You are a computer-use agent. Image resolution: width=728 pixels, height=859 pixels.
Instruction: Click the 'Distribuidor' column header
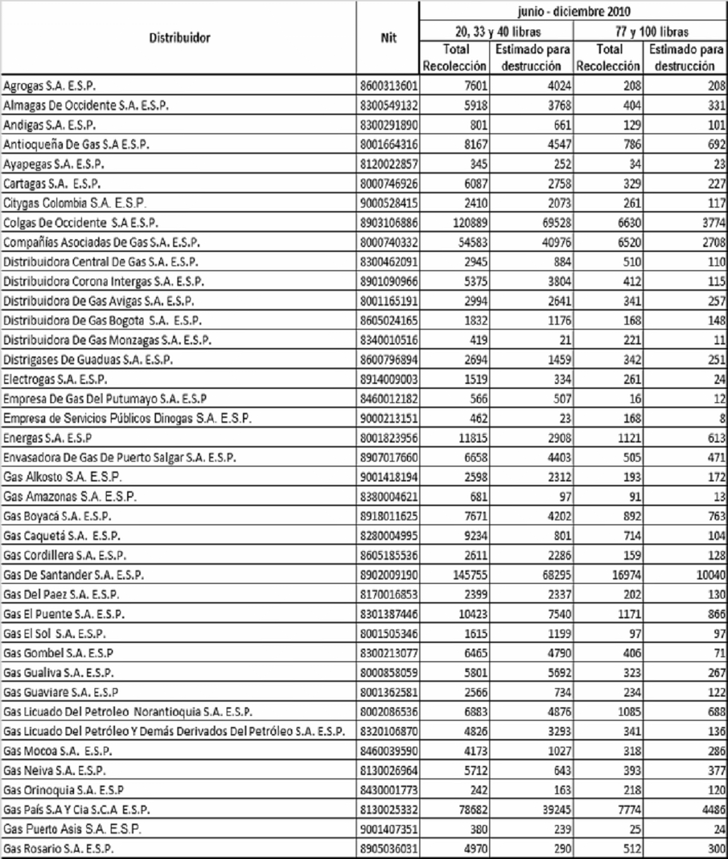179,38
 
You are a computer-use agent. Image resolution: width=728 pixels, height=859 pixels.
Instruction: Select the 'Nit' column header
388,38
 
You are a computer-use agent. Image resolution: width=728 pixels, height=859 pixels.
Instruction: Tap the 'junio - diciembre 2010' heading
573,11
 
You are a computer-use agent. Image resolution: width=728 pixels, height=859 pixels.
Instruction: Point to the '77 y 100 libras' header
650,31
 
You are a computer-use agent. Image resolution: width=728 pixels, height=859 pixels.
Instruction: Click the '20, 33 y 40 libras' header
496,31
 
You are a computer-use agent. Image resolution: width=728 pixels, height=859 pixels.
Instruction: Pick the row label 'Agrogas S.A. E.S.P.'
49,86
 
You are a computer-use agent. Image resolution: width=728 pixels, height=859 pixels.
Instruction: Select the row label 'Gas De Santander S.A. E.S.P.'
73,575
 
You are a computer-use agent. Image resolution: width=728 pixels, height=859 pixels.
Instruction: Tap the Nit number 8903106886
389,223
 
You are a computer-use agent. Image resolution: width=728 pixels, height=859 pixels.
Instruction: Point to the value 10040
710,575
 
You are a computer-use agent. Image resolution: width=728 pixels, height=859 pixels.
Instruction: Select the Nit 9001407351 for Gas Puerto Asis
389,829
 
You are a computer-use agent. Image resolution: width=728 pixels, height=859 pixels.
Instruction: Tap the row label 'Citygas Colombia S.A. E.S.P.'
74,203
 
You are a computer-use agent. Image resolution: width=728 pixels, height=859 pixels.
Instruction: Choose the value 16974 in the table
626,575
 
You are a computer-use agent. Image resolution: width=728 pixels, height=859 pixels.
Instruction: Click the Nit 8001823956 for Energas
389,438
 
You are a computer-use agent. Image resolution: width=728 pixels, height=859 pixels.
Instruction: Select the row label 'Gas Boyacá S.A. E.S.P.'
57,516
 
